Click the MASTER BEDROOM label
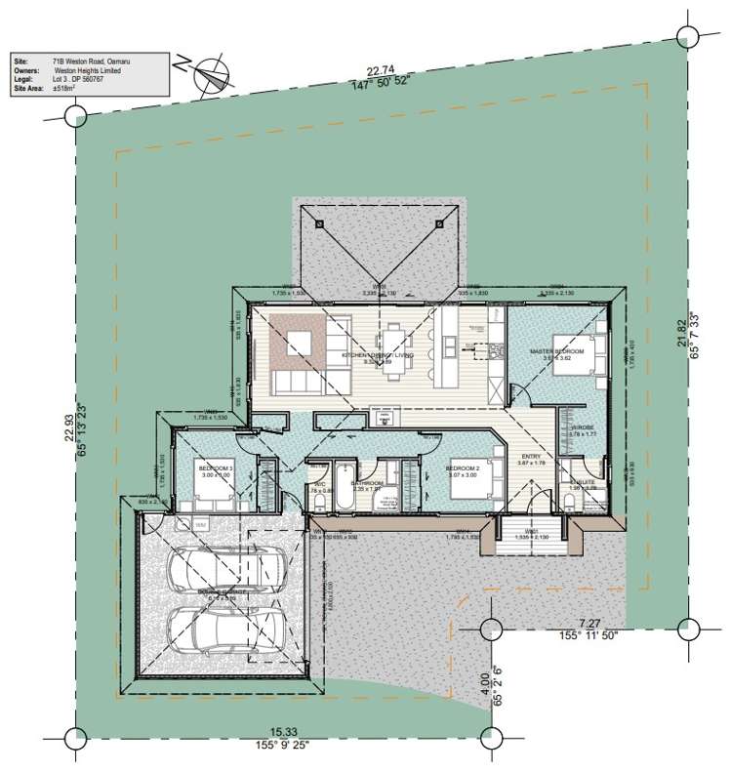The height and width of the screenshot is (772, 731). [556, 350]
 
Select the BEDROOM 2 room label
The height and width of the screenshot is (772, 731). [463, 468]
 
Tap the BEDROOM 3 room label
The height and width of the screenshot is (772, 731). [216, 469]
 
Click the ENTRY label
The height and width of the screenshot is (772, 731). [532, 457]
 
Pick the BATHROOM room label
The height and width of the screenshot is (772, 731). [367, 482]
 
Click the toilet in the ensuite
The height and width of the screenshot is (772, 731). [569, 501]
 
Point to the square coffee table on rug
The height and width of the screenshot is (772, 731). [299, 343]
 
